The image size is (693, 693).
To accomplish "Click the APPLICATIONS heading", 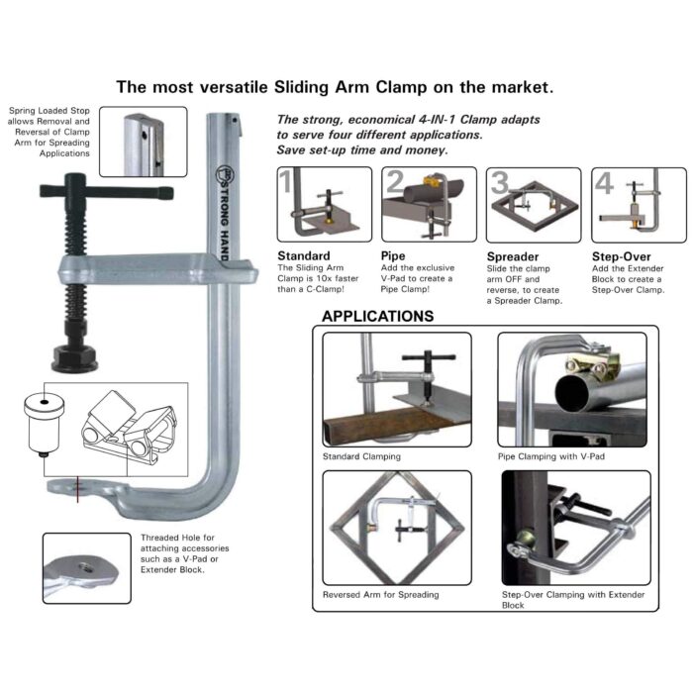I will tap(378, 317).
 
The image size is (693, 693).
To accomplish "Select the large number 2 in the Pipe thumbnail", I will tap(393, 182).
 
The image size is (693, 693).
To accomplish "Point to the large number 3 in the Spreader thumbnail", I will tap(499, 182).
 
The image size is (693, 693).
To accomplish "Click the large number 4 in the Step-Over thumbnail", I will tap(604, 183).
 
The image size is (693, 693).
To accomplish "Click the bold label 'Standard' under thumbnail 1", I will tap(305, 255).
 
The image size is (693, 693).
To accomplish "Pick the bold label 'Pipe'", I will tap(393, 255).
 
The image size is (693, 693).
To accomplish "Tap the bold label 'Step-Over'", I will tap(621, 255).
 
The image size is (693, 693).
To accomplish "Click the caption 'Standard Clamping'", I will tap(361, 456).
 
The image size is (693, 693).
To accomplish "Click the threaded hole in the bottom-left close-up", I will tap(83, 566).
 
